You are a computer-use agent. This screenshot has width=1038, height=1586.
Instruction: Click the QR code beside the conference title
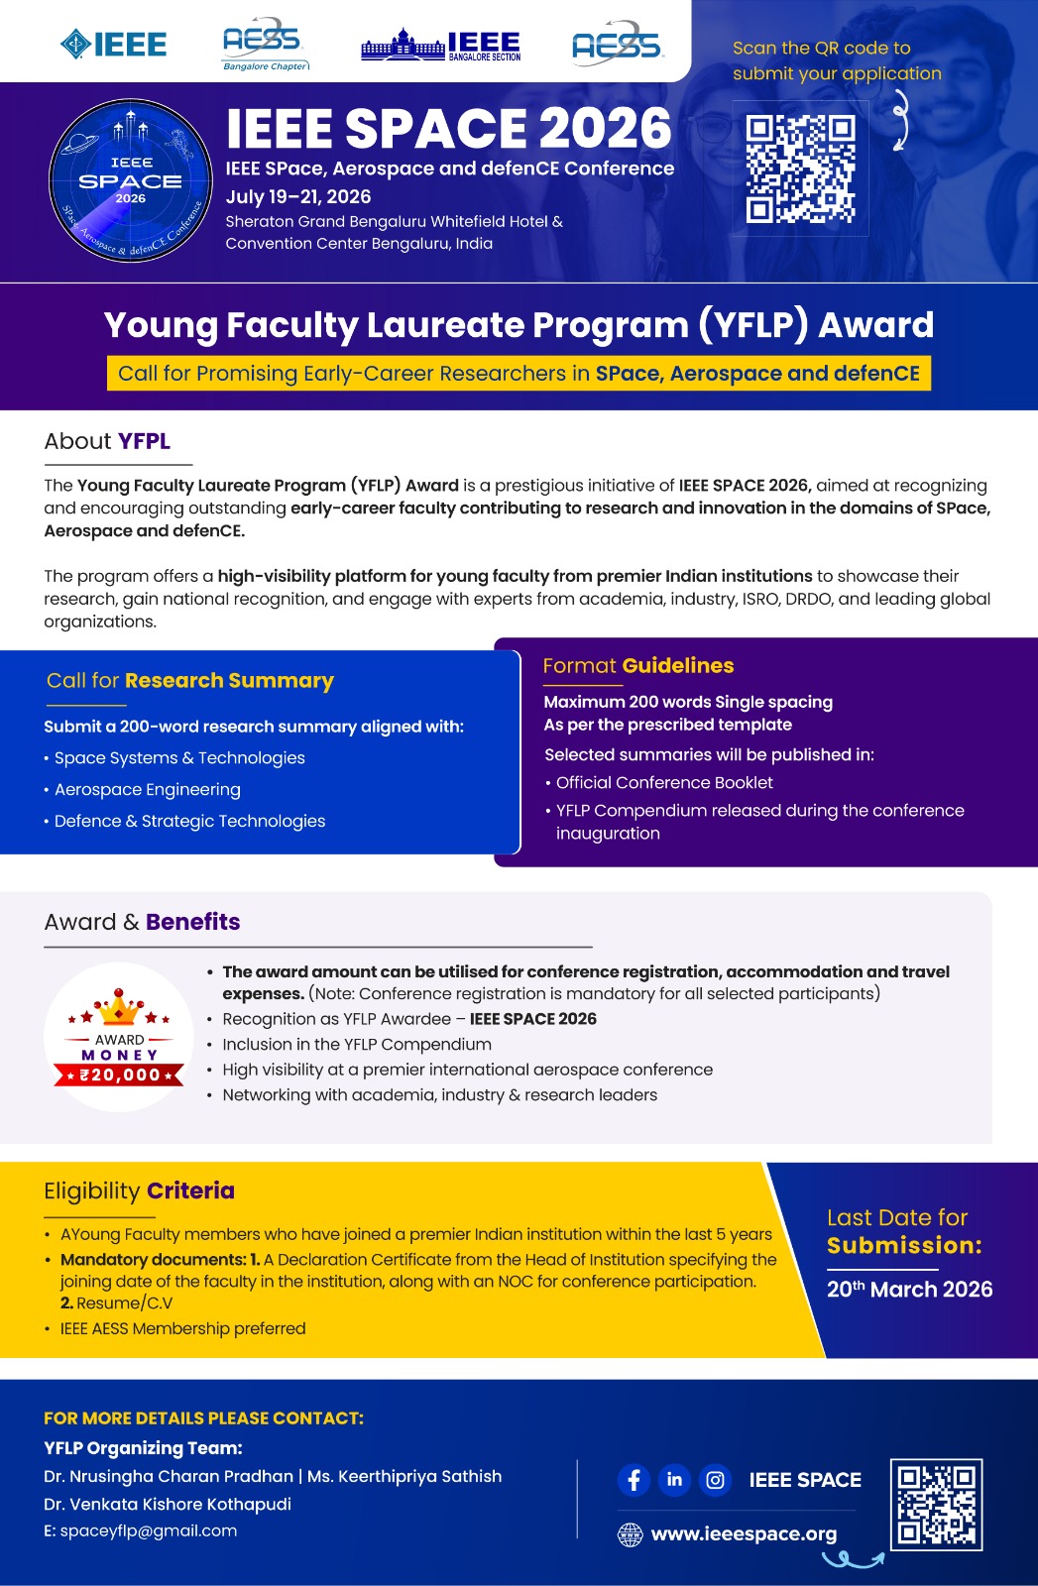(800, 169)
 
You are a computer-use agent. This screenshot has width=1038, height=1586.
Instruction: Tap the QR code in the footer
(936, 1504)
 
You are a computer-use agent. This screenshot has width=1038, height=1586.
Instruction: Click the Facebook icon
(634, 1480)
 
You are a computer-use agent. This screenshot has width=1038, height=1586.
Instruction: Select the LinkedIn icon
(674, 1480)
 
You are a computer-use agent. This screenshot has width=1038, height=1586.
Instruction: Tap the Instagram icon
(715, 1480)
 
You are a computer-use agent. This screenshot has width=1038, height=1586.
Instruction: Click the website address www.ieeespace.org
(744, 1533)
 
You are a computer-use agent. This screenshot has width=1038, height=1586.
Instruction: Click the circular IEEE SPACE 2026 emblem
(131, 180)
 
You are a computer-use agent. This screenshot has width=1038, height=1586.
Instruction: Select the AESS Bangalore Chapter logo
(265, 45)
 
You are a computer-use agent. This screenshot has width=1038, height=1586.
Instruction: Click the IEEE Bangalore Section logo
(441, 46)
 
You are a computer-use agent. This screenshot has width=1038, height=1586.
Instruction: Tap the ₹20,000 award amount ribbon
(119, 1075)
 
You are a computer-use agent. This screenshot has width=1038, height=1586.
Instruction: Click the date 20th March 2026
(909, 1289)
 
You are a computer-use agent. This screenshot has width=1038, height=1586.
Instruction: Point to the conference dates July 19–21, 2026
(298, 196)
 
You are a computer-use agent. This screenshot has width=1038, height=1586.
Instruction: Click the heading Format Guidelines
(638, 665)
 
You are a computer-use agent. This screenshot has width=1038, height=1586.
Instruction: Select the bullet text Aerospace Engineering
(148, 789)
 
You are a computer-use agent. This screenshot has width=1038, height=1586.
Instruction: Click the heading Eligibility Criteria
(140, 1190)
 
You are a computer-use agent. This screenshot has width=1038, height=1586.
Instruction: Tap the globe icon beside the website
(630, 1534)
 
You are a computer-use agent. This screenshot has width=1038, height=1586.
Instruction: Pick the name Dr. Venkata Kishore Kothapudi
(168, 1504)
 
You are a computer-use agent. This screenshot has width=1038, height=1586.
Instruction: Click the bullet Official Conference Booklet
(664, 782)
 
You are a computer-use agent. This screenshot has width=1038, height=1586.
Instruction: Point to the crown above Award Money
(119, 1008)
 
